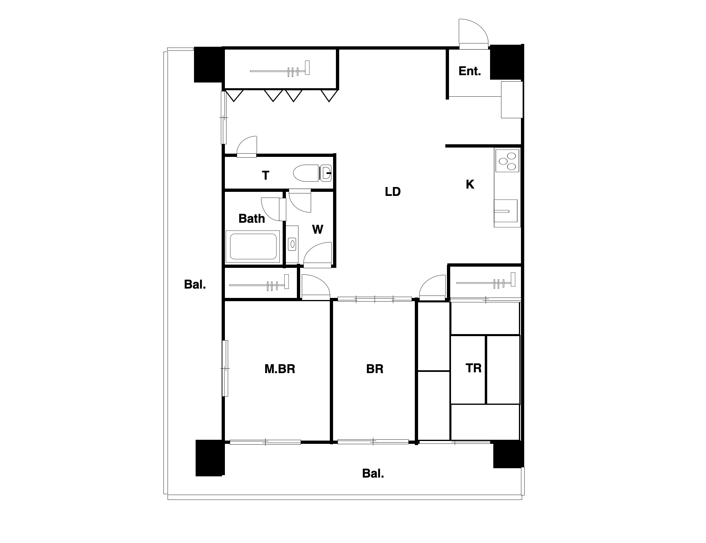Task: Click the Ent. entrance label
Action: [470, 71]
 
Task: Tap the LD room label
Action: [393, 191]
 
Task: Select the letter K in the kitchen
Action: [470, 184]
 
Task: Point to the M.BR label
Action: [280, 369]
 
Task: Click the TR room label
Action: [473, 368]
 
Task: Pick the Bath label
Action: [252, 218]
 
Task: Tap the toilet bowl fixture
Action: [312, 173]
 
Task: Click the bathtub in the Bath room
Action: [253, 245]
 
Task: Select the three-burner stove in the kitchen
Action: [507, 160]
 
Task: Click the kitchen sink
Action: [506, 211]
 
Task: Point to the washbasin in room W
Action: [292, 244]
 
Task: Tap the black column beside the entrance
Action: [506, 62]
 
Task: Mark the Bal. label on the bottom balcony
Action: [373, 473]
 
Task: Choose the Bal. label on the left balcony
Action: [195, 284]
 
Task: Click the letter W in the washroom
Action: [318, 229]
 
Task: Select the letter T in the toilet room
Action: [266, 175]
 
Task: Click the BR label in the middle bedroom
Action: [375, 369]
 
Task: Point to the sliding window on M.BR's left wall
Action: [225, 368]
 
